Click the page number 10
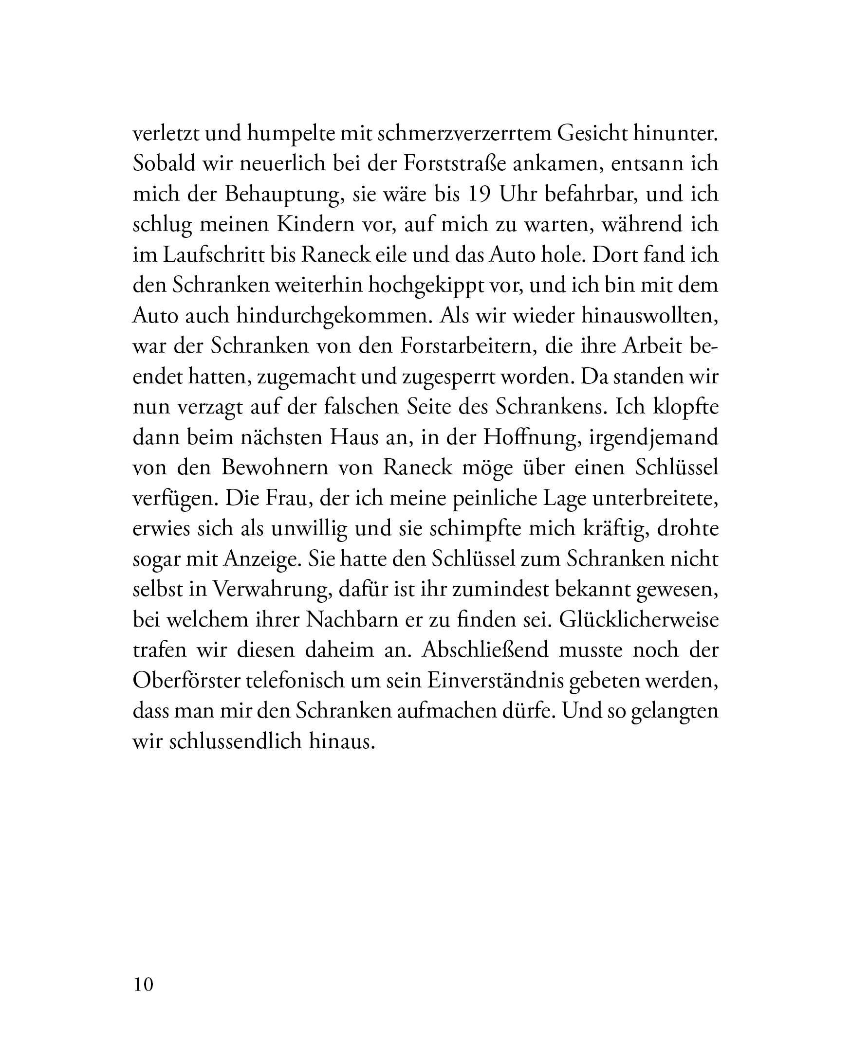143,985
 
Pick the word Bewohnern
275,468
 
